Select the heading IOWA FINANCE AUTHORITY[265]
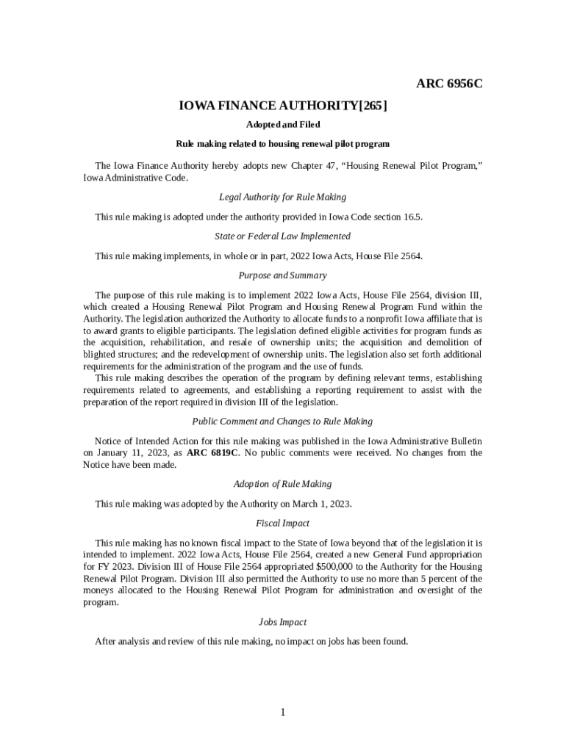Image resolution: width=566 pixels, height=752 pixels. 283,106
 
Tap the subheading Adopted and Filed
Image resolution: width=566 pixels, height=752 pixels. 283,125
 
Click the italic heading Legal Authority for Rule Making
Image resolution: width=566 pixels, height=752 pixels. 283,197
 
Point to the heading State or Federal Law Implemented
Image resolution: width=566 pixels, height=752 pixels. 283,236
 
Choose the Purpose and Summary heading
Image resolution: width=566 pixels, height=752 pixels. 283,275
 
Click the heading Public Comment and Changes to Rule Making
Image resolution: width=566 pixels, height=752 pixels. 283,422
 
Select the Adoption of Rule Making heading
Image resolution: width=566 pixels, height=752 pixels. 283,484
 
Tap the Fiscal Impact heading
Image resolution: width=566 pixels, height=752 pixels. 283,524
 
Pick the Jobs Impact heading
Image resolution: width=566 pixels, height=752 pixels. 283,622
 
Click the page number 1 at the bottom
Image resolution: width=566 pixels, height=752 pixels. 283,712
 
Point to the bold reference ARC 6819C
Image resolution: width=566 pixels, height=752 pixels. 212,452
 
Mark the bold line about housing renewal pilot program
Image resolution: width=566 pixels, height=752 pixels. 283,144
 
